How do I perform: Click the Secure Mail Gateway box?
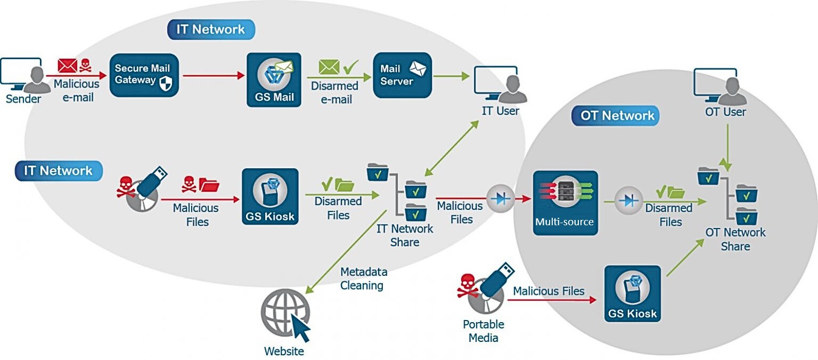[144, 75]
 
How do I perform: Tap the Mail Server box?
[402, 75]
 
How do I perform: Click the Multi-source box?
[566, 203]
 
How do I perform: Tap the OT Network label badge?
[615, 115]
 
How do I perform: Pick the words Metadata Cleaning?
[363, 279]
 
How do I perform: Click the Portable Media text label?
[483, 331]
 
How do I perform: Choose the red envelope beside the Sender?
[68, 67]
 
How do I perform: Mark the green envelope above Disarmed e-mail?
[329, 67]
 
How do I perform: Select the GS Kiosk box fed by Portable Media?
[632, 293]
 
